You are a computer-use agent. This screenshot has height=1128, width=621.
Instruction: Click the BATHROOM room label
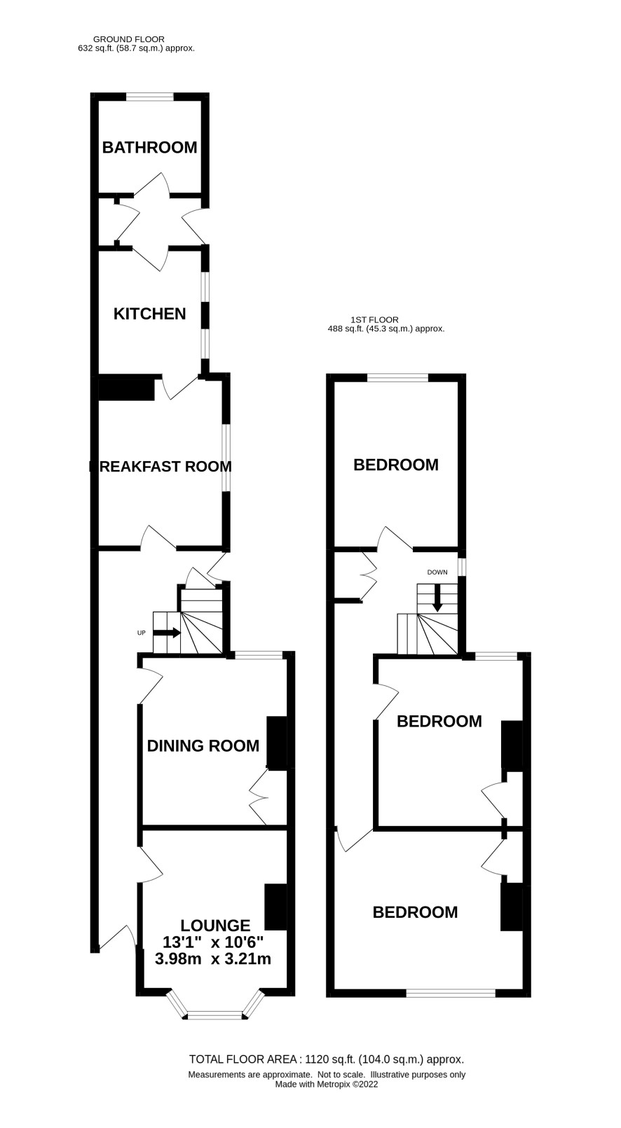(149, 147)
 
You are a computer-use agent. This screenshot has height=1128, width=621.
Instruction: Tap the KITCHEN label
(149, 314)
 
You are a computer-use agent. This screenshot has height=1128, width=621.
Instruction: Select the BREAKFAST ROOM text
(161, 467)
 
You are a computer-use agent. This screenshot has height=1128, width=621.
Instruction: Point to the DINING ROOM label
(203, 745)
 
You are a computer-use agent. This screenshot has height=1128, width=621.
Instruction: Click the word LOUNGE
(215, 925)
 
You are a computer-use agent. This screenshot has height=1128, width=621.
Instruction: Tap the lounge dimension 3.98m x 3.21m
(213, 958)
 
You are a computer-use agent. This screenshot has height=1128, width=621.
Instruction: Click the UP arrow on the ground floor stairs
(167, 633)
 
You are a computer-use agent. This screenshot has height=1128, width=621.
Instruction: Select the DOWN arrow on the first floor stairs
(437, 598)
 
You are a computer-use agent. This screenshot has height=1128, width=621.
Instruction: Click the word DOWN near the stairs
(437, 572)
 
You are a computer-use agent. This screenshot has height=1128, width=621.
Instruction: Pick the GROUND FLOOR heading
(129, 39)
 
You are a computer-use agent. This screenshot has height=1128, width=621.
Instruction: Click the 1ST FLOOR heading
(375, 319)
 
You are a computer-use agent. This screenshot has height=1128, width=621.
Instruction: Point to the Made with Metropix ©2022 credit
(327, 1084)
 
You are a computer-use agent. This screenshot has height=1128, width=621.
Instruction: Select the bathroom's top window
(149, 96)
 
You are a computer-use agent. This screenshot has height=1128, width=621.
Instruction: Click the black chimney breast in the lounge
(275, 907)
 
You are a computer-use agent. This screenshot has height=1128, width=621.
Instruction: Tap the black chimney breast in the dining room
(276, 743)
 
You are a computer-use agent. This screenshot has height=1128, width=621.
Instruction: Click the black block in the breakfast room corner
(126, 387)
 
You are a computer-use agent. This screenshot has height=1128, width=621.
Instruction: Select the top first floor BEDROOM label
(396, 465)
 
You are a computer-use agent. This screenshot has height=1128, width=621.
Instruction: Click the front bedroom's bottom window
(451, 993)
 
